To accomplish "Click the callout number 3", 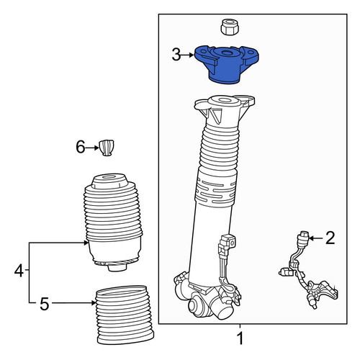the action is point(176,55).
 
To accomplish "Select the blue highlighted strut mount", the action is point(226,64).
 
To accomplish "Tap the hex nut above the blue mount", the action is point(230,27).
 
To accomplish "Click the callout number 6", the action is point(81,147).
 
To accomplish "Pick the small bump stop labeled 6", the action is point(107,148).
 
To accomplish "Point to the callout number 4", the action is point(19,271).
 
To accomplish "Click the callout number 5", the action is point(45,304).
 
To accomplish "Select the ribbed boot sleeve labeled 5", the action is point(125,315).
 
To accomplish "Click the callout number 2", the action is point(330,238).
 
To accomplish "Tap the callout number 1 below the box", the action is point(240,338).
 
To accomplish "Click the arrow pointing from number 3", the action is point(187,55).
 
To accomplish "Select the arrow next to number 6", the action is point(92,148).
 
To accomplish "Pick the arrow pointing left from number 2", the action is point(316,238).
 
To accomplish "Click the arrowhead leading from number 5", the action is point(94,303).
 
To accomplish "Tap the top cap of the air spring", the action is point(110,181).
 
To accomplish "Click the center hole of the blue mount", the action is point(225,53).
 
